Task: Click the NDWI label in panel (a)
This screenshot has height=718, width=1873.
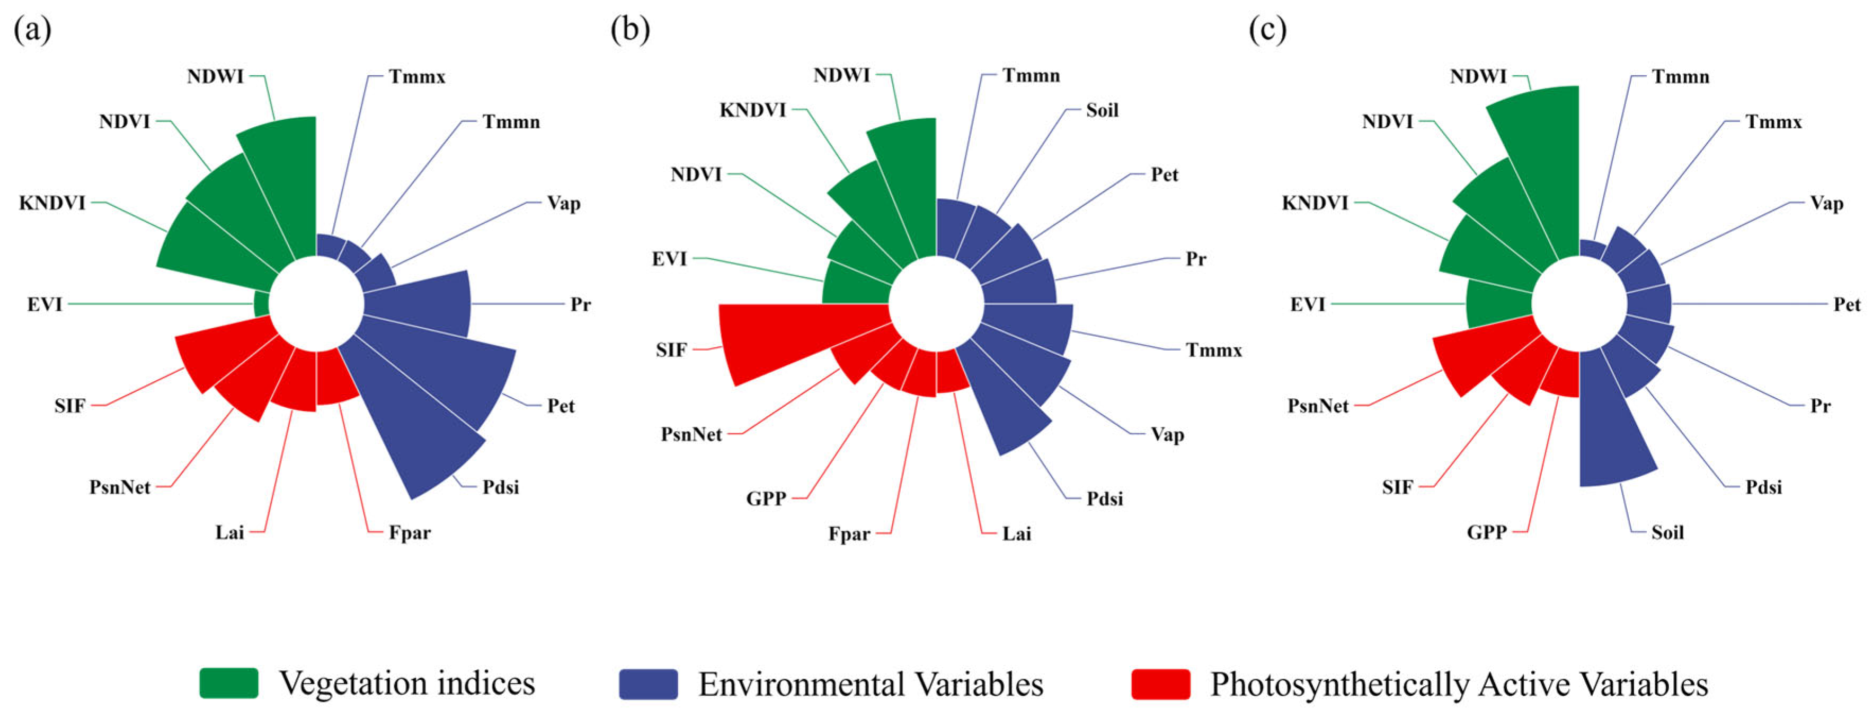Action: pyautogui.click(x=215, y=76)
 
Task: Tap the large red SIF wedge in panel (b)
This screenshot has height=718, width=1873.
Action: pyautogui.click(x=800, y=338)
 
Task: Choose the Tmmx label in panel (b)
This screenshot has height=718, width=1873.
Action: pyautogui.click(x=1213, y=350)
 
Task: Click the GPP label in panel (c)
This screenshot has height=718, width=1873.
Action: pyautogui.click(x=1486, y=532)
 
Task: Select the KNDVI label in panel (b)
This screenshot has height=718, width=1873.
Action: pyautogui.click(x=752, y=110)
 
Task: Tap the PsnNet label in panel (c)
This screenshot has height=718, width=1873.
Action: pyautogui.click(x=1318, y=405)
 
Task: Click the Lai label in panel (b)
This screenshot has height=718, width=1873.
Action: pyautogui.click(x=1016, y=534)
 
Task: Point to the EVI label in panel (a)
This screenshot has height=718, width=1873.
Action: pyautogui.click(x=45, y=304)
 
